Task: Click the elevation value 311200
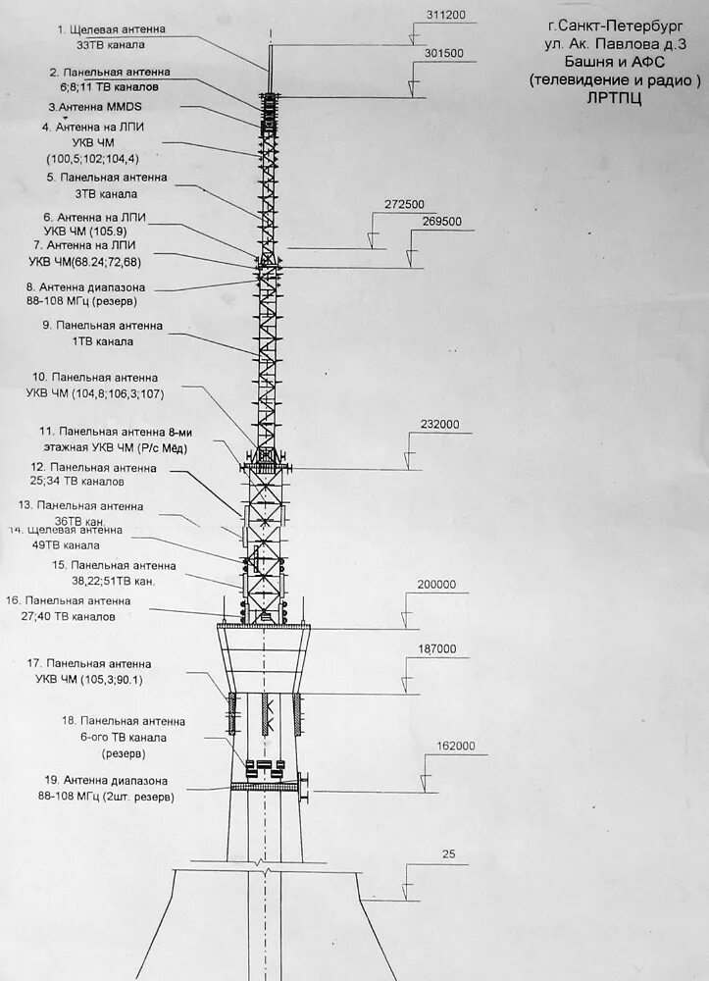tap(446, 15)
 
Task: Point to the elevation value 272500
tap(404, 204)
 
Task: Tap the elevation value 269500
tap(441, 222)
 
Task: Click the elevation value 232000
tap(439, 425)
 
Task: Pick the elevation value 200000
tap(436, 585)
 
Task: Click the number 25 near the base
tap(449, 854)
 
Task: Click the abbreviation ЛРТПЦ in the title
tap(615, 98)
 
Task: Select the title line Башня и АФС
tap(615, 62)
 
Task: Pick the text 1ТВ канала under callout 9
tap(102, 341)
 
